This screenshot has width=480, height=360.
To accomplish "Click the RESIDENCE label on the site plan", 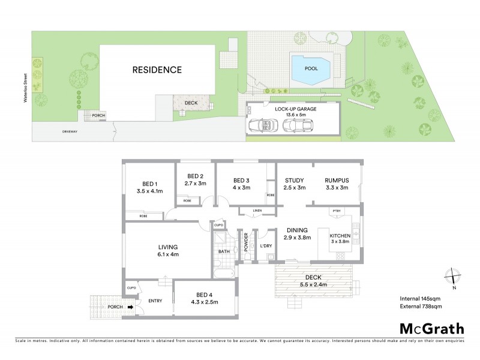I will point(157,70).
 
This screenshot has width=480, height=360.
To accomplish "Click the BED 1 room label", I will point(149,184).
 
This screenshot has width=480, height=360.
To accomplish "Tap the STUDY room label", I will point(294,180).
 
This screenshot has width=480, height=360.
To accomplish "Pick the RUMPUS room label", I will point(336,180).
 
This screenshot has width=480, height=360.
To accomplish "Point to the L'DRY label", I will point(266,246).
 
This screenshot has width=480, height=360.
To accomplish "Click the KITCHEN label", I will point(344,236).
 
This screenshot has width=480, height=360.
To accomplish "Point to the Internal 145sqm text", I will point(421,298).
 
